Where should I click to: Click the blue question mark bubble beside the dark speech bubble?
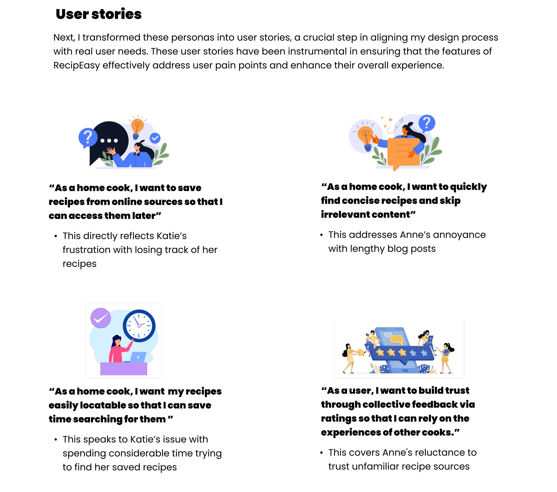(x=88, y=137)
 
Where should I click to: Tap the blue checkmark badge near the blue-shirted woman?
(x=155, y=138)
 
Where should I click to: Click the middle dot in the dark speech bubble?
(x=109, y=141)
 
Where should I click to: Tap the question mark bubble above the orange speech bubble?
(x=427, y=123)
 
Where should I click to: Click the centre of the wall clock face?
(x=139, y=326)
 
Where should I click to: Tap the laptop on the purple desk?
(x=138, y=357)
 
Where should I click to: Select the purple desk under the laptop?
(x=124, y=369)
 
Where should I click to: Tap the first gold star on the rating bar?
(x=380, y=353)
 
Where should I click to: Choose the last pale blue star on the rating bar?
(x=424, y=353)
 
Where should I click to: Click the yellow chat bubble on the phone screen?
(x=397, y=340)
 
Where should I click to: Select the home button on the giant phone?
(x=405, y=370)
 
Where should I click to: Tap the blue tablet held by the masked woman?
(x=430, y=338)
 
